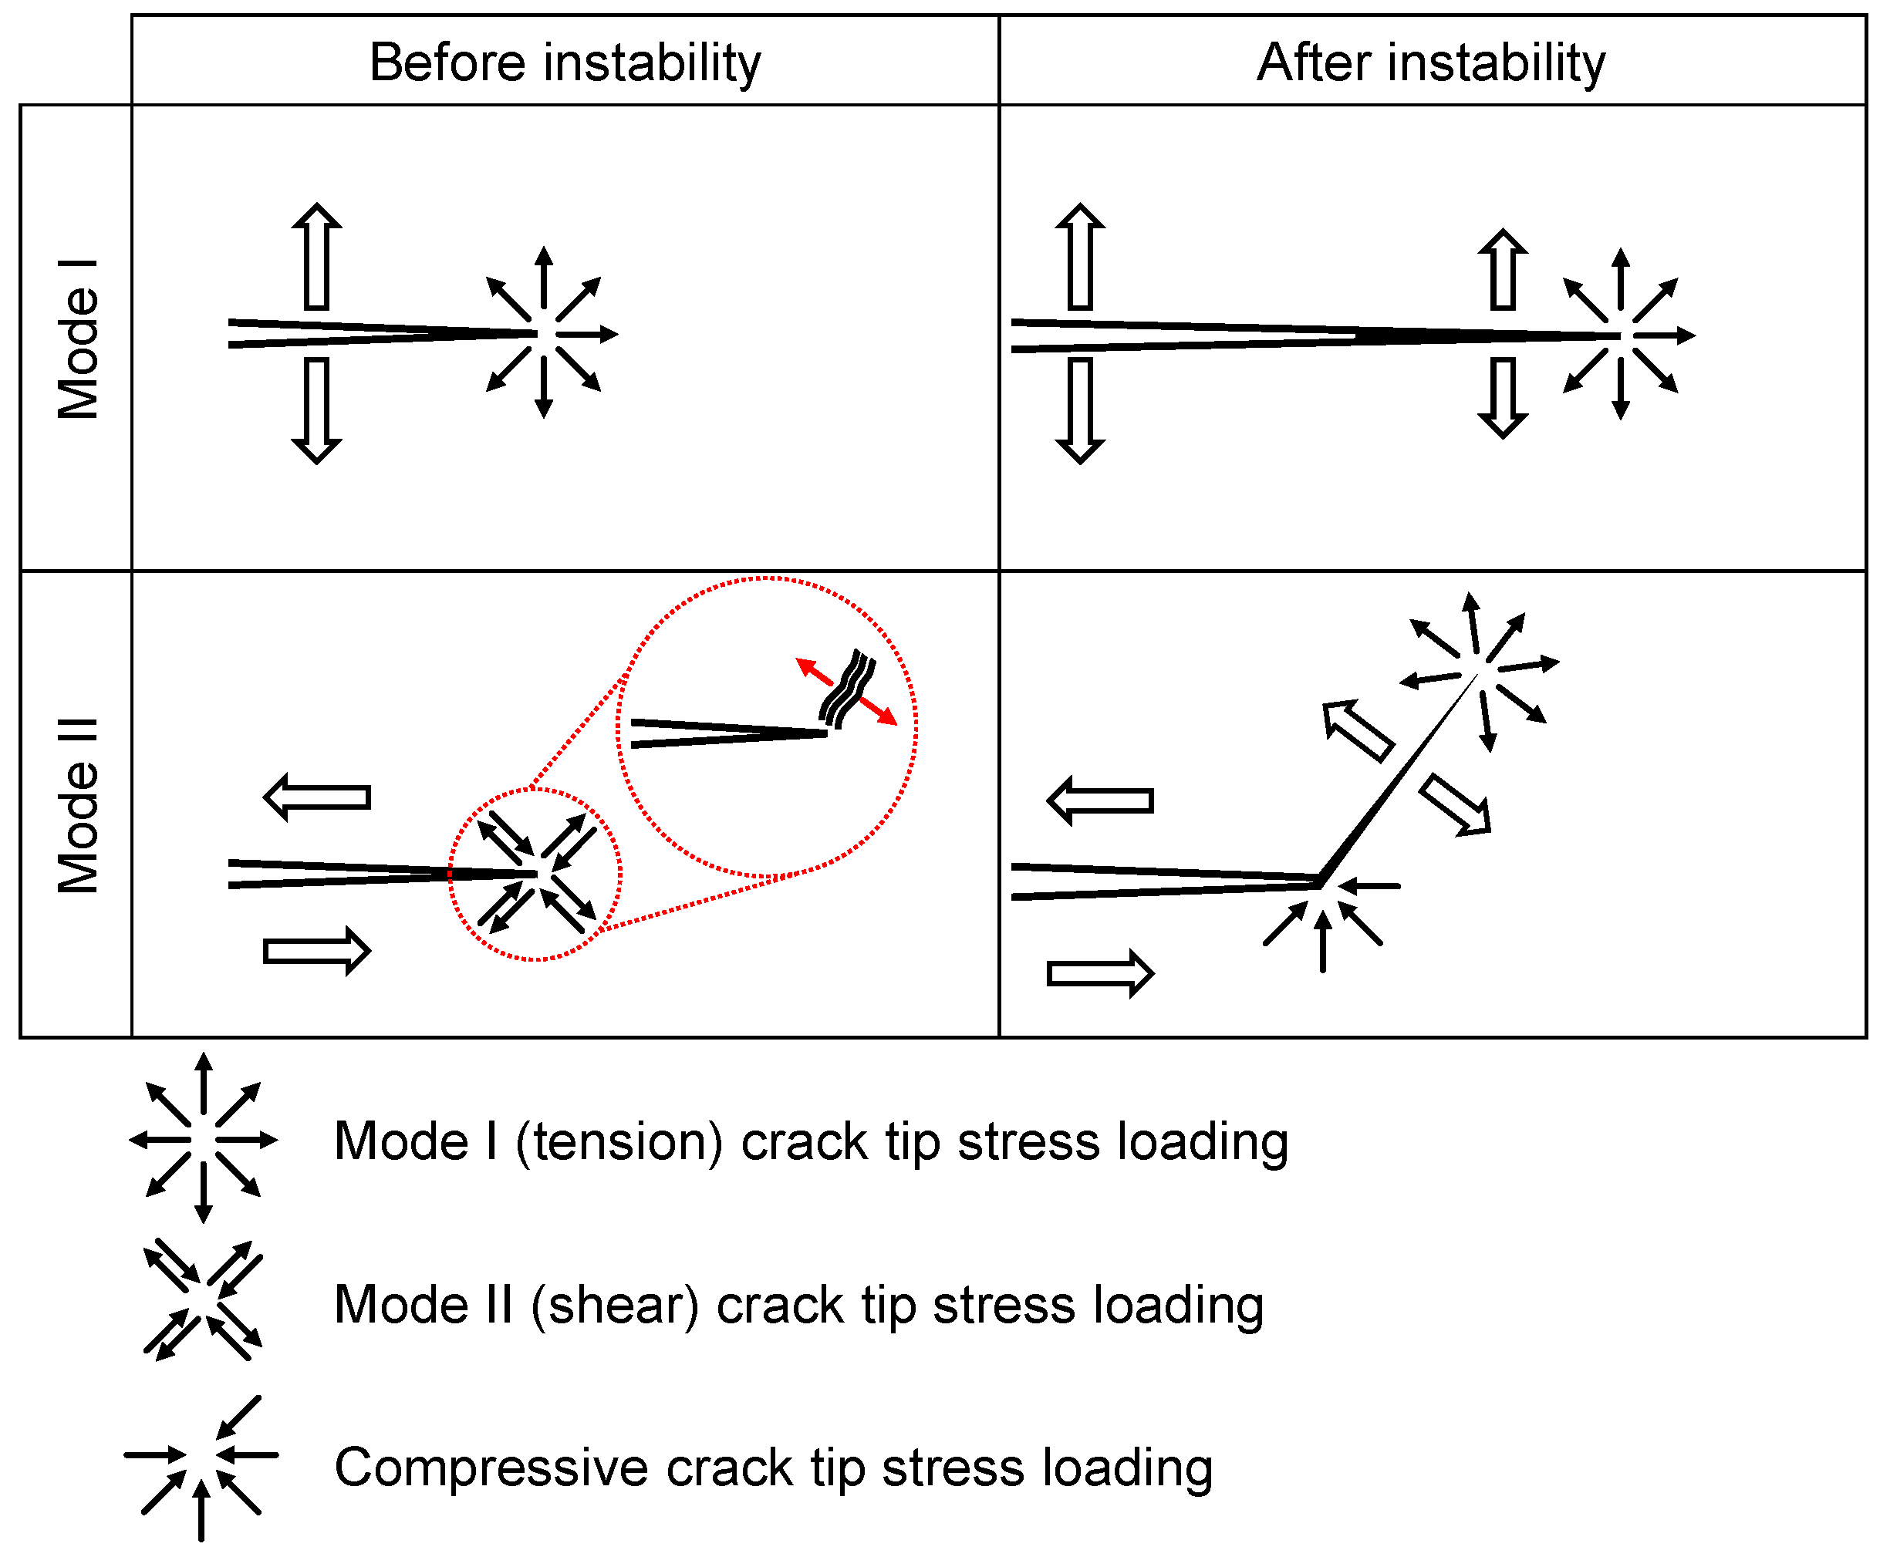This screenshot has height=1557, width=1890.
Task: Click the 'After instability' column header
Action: tap(1431, 62)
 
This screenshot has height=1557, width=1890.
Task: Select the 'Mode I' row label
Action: tap(77, 339)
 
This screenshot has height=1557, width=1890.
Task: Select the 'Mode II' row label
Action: tap(77, 804)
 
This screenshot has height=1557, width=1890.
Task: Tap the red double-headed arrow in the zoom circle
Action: tap(846, 692)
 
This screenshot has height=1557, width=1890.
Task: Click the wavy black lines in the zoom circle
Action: tap(846, 687)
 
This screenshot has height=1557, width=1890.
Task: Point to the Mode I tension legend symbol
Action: tap(204, 1139)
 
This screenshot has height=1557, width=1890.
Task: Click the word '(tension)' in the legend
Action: tap(618, 1142)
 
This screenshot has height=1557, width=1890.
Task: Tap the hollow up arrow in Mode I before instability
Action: tap(316, 258)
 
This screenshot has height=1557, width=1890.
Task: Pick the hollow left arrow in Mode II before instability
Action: tap(316, 797)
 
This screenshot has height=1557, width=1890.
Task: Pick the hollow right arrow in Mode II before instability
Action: tap(316, 951)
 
